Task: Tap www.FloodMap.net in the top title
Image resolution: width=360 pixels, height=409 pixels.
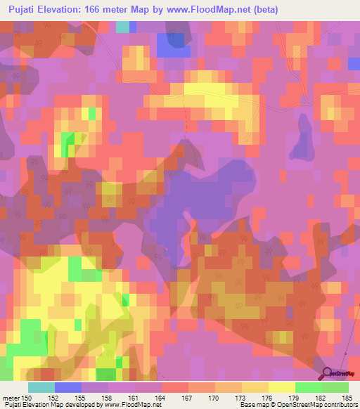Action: [212, 10]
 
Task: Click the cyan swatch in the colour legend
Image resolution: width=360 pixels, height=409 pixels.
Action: [41, 387]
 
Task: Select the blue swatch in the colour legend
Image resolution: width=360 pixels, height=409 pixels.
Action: [68, 387]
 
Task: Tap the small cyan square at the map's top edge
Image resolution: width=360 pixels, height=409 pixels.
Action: [123, 27]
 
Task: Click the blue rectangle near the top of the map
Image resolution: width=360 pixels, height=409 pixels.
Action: [173, 44]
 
